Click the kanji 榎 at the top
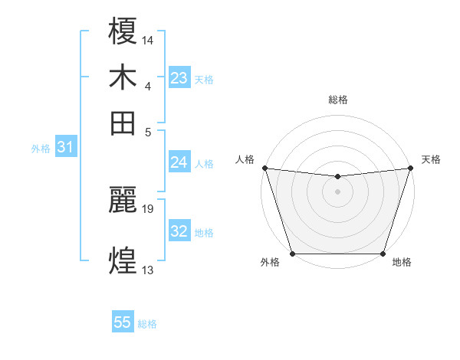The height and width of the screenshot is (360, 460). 123,31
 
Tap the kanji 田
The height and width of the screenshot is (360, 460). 123,123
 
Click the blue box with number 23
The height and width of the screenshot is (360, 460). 179,78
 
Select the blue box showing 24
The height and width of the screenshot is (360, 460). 179,162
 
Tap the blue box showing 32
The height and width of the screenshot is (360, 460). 179,231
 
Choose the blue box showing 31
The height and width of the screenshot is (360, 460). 65,148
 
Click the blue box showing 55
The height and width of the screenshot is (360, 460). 123,322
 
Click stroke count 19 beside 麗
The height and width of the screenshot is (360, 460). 148,208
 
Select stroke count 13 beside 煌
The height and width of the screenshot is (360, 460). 148,270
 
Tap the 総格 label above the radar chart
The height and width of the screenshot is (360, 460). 337,100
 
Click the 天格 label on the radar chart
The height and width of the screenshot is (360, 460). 431,159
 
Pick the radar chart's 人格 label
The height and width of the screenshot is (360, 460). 245,159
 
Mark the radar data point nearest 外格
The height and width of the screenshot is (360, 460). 292,254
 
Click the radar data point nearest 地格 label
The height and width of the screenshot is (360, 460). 383,254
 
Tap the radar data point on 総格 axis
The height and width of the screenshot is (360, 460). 337,177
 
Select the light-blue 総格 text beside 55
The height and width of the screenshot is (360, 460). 147,324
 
